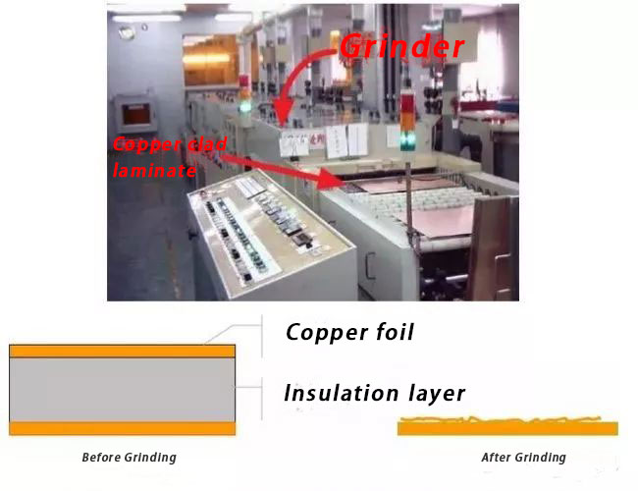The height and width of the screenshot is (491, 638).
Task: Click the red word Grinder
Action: (x=402, y=47)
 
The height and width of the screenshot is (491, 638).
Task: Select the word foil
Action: (x=394, y=332)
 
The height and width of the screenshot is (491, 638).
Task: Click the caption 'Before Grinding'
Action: (x=128, y=458)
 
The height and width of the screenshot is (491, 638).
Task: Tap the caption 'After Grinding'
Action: (x=523, y=458)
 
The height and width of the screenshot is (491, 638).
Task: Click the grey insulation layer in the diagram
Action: (x=122, y=389)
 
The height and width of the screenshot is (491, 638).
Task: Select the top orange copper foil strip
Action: (x=122, y=351)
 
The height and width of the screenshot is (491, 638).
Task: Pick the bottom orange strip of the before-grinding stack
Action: (x=122, y=428)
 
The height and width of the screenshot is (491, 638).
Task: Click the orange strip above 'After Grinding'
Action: (x=506, y=427)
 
